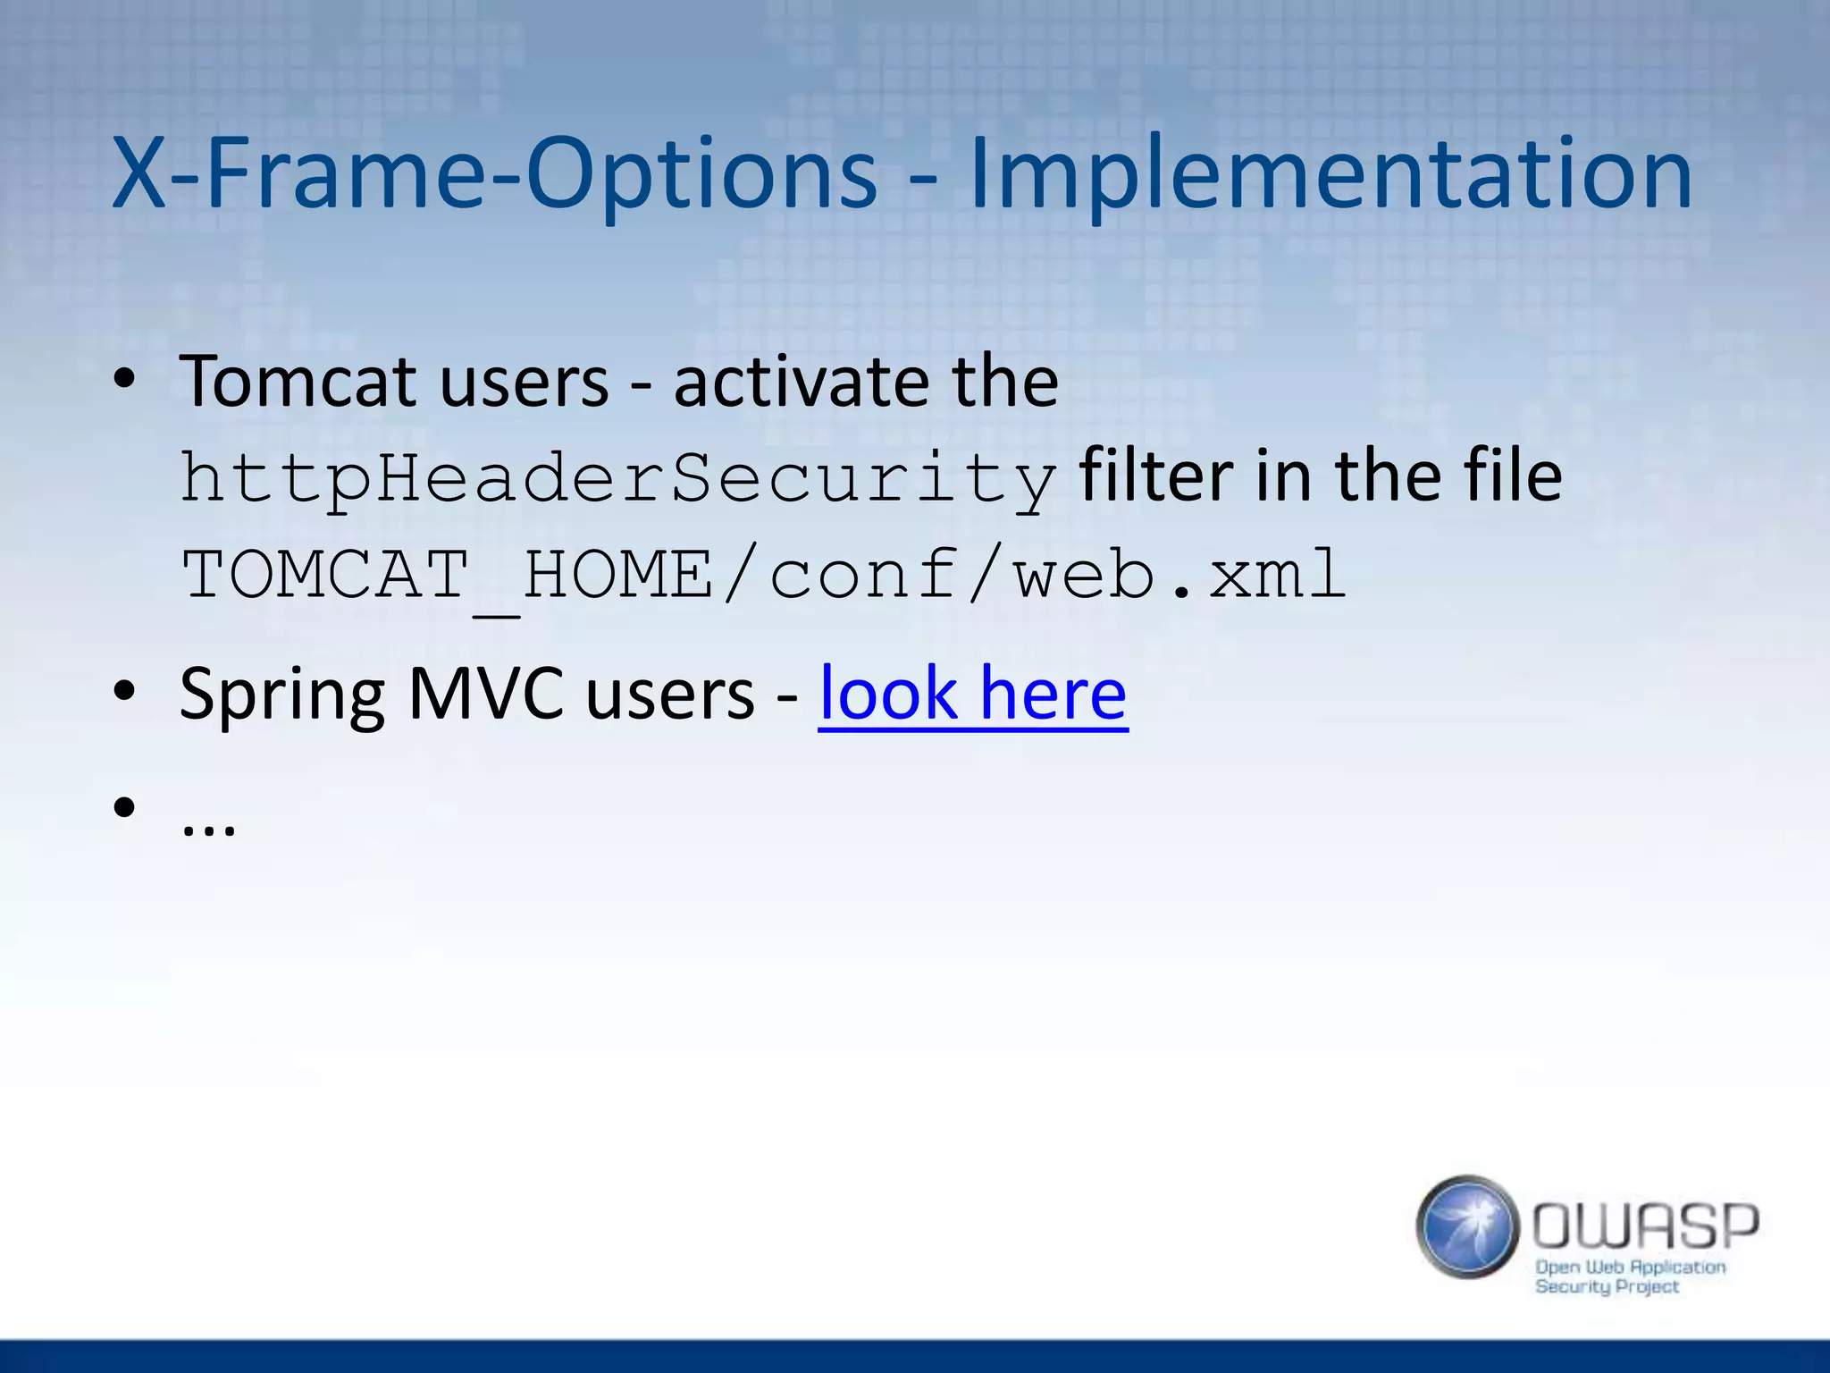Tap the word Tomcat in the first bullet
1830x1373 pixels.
[x=298, y=382]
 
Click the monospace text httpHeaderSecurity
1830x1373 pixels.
[x=618, y=479]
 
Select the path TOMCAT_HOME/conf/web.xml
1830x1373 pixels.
[x=764, y=575]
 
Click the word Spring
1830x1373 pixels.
[x=281, y=695]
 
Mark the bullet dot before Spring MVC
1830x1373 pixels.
[x=124, y=691]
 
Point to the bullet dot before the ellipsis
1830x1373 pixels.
[x=124, y=807]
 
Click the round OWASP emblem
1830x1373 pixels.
[x=1466, y=1226]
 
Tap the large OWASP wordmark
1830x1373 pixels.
[x=1645, y=1226]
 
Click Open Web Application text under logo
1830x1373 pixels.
[x=1630, y=1267]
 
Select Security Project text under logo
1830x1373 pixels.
[x=1607, y=1287]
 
